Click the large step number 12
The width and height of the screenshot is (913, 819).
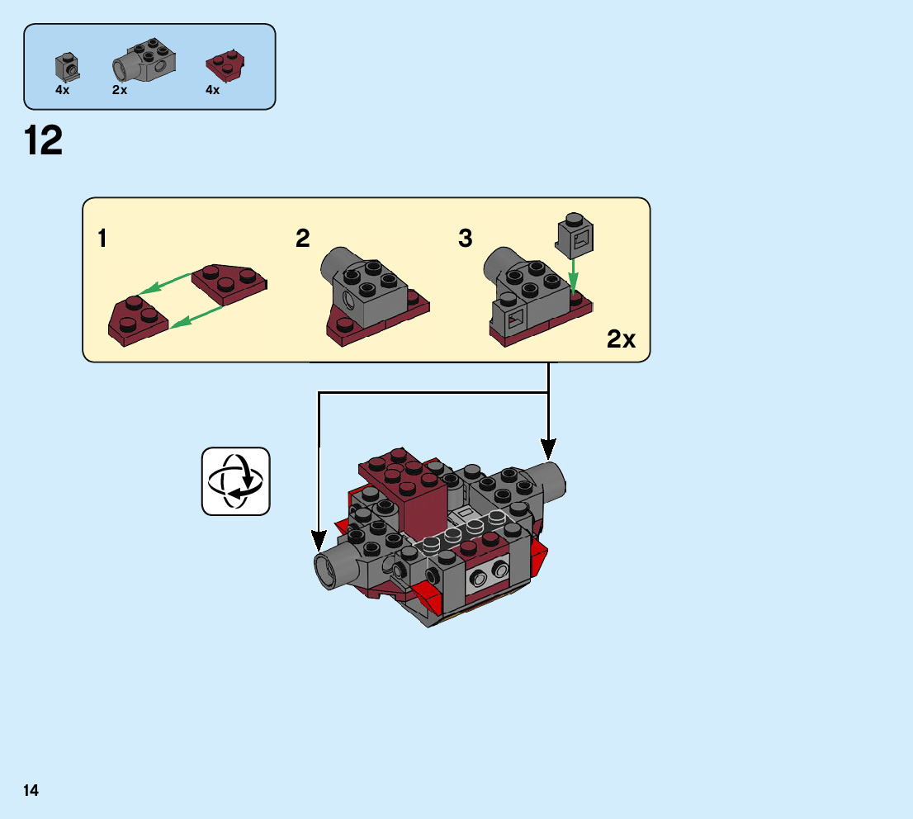click(44, 141)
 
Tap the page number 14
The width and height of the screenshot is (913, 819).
click(31, 791)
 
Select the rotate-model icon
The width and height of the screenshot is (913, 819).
click(235, 481)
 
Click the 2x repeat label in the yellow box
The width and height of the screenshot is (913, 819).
click(621, 338)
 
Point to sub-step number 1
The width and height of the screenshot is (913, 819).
click(102, 239)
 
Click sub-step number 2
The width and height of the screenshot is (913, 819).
click(303, 239)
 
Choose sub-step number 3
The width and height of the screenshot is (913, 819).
click(466, 239)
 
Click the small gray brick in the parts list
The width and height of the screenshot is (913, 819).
click(66, 66)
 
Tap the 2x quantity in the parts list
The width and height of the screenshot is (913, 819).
click(120, 90)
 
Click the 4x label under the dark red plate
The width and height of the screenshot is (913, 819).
click(213, 90)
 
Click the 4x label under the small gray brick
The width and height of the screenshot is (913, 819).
click(63, 90)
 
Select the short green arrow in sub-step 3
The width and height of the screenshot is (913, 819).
click(574, 272)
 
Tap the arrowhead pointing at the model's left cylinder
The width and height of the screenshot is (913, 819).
click(319, 541)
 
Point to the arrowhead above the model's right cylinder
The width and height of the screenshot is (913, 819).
click(548, 449)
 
